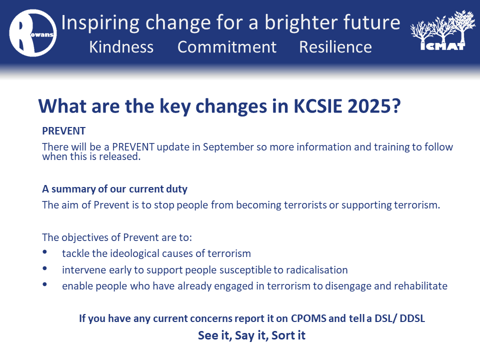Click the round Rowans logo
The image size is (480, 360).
33,33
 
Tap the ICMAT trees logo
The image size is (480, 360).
442,30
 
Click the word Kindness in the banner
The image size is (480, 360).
121,47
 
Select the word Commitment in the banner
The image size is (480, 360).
227,47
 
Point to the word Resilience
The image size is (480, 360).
335,47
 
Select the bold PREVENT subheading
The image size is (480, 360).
63,131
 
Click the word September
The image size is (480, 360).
228,147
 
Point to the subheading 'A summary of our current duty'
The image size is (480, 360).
115,189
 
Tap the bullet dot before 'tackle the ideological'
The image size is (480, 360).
44,251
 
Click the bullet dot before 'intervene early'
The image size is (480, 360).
44,268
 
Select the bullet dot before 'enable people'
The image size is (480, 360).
44,284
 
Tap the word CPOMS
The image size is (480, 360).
308,318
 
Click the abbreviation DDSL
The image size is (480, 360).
412,318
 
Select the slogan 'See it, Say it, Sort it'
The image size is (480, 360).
251,335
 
